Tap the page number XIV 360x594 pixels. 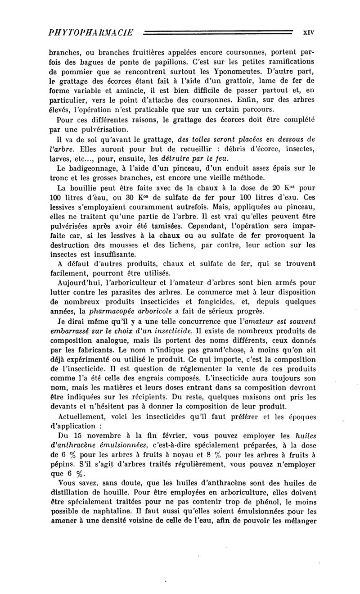pyautogui.click(x=308, y=32)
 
